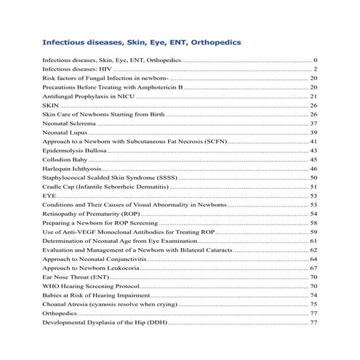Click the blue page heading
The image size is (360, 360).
point(143,43)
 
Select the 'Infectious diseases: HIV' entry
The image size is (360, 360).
point(78,68)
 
